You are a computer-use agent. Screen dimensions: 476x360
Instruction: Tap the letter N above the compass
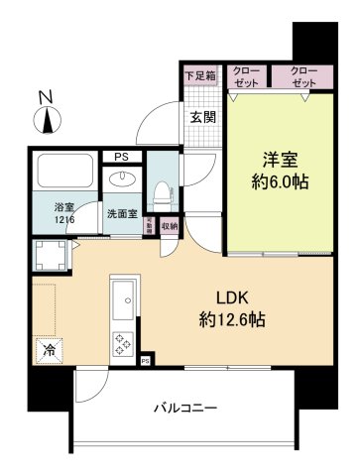pos(45,97)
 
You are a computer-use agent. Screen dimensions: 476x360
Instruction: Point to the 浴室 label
pos(62,207)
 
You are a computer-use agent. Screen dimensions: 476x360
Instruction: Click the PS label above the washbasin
pos(121,157)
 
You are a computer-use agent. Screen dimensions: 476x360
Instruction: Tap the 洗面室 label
pos(123,214)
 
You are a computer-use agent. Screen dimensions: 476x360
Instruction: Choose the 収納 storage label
pos(169,226)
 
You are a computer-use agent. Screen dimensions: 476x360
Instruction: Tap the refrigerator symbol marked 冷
pos(48,349)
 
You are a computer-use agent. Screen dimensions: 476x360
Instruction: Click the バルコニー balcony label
pos(185,408)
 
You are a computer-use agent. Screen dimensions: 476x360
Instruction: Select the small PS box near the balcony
pos(146,361)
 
